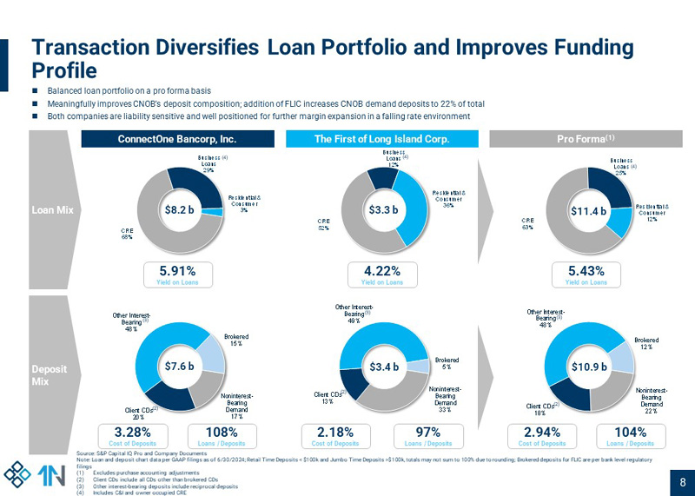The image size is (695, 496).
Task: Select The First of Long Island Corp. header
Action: point(381,138)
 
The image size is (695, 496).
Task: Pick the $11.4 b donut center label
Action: point(587,209)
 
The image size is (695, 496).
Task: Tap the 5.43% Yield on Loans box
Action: point(586,274)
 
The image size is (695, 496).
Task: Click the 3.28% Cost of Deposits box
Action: point(135,435)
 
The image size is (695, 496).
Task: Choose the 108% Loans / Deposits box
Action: point(222,435)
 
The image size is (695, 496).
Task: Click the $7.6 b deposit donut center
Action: point(179,367)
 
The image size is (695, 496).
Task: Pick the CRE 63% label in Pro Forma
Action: point(527,225)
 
